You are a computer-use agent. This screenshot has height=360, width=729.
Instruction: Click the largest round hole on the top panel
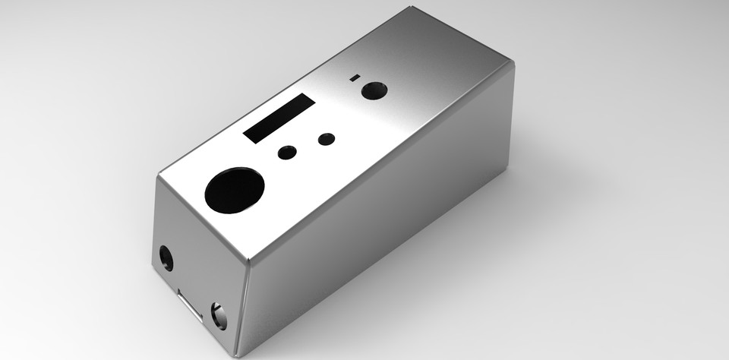(x=235, y=190)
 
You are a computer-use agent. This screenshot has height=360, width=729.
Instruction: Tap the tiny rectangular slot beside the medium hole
(x=354, y=77)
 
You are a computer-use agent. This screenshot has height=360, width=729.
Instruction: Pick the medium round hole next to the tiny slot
(x=374, y=90)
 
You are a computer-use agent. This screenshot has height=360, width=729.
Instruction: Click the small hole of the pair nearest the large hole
(x=287, y=153)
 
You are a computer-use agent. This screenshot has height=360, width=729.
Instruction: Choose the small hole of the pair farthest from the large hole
(x=327, y=139)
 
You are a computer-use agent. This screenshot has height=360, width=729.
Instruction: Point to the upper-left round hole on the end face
(x=166, y=258)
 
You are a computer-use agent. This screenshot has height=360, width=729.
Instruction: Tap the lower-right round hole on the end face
(x=218, y=315)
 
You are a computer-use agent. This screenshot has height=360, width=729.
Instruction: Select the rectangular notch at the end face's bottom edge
(x=190, y=304)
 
